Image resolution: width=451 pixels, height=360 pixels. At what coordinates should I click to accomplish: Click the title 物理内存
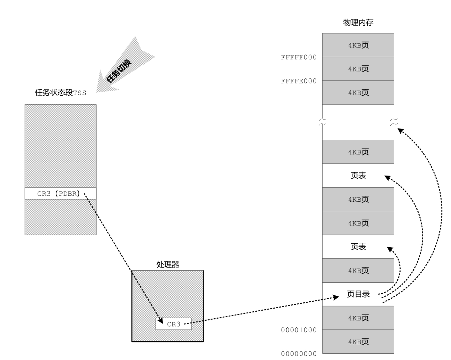358,22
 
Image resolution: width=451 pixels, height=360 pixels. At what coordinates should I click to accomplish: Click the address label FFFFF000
298,57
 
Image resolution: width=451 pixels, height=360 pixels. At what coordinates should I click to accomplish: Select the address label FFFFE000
298,81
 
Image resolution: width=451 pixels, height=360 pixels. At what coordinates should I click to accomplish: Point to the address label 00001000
298,330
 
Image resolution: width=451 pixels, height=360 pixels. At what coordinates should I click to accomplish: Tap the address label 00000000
298,354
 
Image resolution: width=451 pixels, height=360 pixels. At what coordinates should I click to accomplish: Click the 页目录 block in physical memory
358,294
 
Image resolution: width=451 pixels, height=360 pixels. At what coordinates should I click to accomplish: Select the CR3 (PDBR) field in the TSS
60,194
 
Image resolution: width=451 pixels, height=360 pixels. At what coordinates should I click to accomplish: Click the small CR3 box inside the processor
174,324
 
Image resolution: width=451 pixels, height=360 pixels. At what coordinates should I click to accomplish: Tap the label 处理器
168,264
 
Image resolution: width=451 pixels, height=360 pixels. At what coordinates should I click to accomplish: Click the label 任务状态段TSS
60,93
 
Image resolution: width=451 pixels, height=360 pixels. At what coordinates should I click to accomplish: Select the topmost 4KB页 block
358,45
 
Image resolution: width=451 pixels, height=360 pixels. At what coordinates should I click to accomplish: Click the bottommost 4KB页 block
358,342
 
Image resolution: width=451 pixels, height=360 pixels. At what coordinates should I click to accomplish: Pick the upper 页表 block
358,175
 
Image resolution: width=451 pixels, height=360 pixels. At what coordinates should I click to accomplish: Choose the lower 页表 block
358,247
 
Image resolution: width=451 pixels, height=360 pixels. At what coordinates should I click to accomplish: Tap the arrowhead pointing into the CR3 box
160,321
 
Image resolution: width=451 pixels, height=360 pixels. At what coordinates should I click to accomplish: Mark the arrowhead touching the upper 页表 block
387,178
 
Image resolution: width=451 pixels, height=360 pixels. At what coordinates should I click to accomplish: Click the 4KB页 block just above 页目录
358,270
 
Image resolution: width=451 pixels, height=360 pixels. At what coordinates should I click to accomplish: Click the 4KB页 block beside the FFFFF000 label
358,69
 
